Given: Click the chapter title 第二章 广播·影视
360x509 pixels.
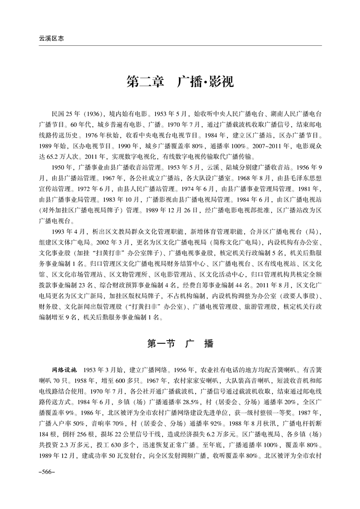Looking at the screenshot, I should pos(180,82).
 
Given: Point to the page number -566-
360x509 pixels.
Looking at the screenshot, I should pos(47,472).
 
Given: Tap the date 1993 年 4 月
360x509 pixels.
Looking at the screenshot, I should pos(67,231).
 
